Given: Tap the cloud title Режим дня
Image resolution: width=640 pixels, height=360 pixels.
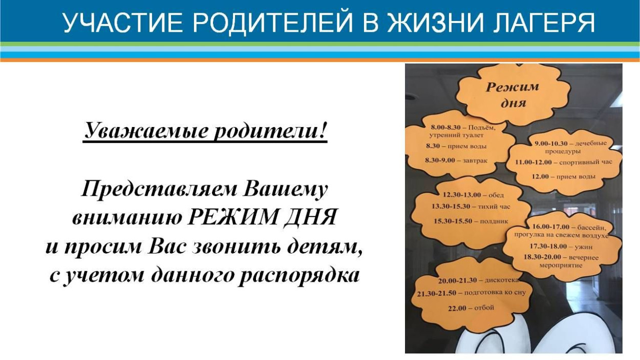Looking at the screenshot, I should (512, 94).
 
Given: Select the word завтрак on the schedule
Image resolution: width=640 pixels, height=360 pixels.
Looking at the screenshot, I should (475, 160).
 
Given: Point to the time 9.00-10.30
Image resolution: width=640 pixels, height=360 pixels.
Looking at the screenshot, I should (551, 143).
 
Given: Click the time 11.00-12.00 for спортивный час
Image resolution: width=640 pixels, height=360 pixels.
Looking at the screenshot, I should (533, 162).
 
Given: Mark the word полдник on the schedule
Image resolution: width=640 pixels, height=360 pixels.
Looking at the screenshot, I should (494, 221).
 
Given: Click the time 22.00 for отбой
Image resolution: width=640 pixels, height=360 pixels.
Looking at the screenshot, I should (457, 308).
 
